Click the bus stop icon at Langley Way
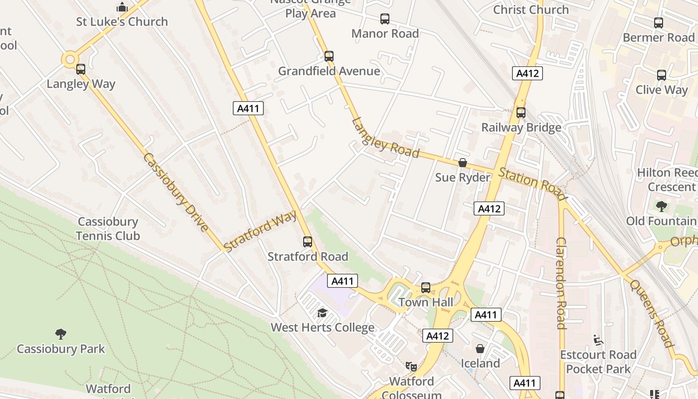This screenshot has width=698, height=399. click(x=80, y=69)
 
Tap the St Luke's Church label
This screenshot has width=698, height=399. click(x=122, y=21)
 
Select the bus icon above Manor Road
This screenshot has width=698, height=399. click(x=385, y=19)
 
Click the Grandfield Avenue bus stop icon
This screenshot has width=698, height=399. click(x=329, y=56)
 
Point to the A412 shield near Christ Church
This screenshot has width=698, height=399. click(x=527, y=74)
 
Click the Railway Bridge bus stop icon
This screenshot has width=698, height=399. click(x=521, y=113)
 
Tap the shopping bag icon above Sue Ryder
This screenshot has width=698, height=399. click(x=463, y=163)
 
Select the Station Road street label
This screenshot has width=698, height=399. click(x=532, y=182)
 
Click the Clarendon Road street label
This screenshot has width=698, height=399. click(x=561, y=283)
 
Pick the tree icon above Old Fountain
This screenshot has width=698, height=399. click(x=662, y=206)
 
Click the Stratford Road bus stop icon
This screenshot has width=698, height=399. click(x=308, y=242)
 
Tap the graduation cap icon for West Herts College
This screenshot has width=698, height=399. click(x=322, y=313)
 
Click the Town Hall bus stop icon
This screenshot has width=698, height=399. click(x=425, y=288)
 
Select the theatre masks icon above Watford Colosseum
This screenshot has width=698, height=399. click(x=411, y=367)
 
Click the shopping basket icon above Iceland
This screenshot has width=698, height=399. click(x=480, y=348)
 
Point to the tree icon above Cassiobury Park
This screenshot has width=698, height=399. click(x=61, y=334)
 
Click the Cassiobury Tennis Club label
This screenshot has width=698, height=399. click(x=108, y=228)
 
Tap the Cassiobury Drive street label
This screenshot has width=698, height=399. click(x=175, y=192)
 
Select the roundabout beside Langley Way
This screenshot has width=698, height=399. click(x=70, y=59)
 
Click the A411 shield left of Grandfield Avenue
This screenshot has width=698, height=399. click(x=248, y=108)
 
